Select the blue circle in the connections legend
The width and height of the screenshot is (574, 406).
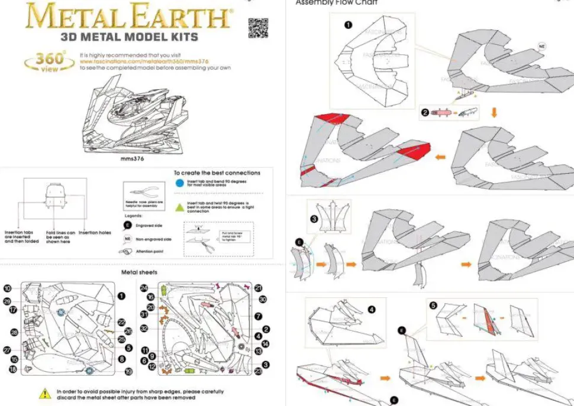(x=179, y=183)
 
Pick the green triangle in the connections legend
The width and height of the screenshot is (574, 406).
(x=179, y=207)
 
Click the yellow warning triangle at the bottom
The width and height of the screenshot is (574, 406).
(x=44, y=393)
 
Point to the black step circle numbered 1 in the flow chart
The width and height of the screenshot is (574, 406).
(x=348, y=25)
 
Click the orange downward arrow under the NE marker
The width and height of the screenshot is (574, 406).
(x=494, y=112)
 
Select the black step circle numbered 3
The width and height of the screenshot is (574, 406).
(x=314, y=219)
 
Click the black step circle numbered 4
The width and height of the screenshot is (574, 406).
(x=372, y=308)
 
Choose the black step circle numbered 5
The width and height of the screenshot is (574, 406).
(x=433, y=306)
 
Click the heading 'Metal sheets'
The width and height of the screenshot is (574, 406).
(x=139, y=272)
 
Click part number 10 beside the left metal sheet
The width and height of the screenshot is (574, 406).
(x=8, y=288)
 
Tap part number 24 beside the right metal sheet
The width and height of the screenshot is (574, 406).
(x=144, y=288)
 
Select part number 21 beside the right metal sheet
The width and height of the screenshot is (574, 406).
(x=259, y=288)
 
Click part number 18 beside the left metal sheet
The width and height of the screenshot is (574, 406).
(x=12, y=369)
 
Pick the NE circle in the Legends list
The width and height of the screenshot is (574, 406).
(x=127, y=239)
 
